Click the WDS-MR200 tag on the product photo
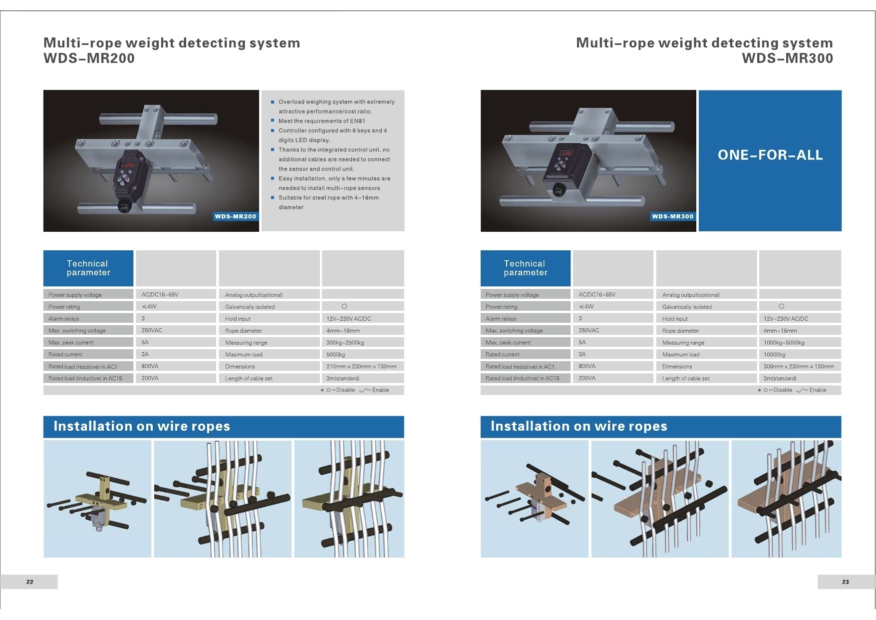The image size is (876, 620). tap(236, 216)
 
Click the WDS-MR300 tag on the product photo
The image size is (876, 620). tap(673, 216)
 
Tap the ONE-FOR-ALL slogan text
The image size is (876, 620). tap(770, 155)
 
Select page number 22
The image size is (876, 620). tap(30, 582)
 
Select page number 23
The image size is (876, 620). tap(845, 582)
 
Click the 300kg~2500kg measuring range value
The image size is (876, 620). tap(345, 343)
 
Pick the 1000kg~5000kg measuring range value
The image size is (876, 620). tap(784, 343)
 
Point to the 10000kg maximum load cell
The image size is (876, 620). tap(774, 355)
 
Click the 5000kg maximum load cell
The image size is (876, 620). tap(335, 355)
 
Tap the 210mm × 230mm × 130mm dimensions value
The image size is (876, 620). tap(361, 367)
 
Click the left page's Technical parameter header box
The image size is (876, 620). tap(88, 268)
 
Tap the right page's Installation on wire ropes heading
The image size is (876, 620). tap(579, 426)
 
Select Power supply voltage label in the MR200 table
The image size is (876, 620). tap(75, 295)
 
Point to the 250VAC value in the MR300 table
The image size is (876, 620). tap(589, 330)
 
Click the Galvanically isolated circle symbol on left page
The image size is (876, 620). tap(344, 306)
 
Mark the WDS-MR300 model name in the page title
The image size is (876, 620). tap(787, 58)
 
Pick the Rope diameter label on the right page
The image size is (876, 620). tap(680, 331)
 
